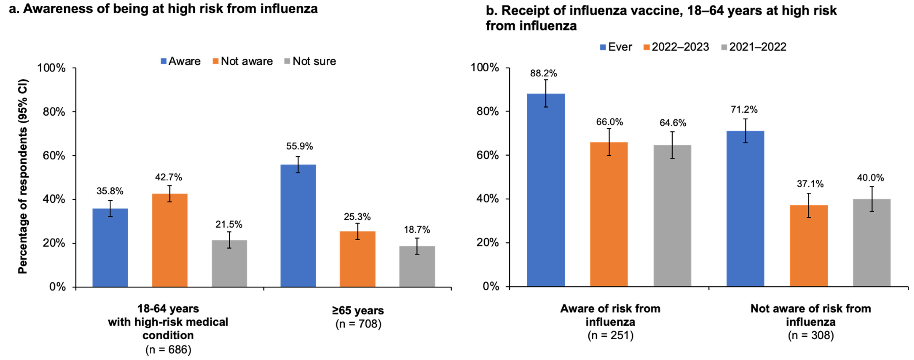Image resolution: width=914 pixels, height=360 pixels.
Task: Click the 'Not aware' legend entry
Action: (243, 61)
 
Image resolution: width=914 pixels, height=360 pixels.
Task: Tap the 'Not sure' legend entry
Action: (310, 61)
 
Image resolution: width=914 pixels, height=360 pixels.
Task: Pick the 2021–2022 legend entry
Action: (754, 47)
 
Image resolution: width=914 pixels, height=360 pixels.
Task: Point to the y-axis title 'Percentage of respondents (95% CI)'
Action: (23, 176)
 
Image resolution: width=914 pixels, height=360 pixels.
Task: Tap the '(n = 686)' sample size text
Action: (168, 350)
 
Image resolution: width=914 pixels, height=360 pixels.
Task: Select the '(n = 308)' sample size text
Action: (811, 335)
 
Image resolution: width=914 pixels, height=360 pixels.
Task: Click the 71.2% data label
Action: (744, 110)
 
